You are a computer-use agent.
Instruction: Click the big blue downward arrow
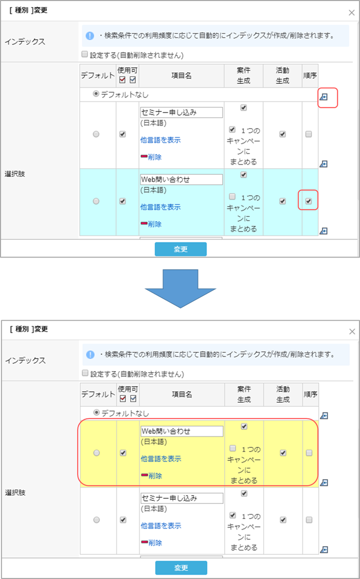(x=180, y=288)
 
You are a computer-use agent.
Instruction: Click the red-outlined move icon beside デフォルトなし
(x=323, y=97)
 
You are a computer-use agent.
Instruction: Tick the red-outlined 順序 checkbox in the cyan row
(x=309, y=201)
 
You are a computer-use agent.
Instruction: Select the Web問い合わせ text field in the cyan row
(x=182, y=179)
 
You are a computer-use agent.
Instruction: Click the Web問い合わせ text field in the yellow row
(x=182, y=431)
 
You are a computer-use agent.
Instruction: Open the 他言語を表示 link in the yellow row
(x=161, y=459)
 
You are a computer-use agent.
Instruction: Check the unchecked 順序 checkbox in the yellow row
(x=309, y=453)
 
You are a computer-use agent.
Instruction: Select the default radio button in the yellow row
(x=96, y=453)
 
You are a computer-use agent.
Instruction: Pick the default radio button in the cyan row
(x=96, y=201)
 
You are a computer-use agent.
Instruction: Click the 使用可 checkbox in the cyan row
(x=122, y=201)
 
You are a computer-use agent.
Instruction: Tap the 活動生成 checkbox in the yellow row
(x=283, y=453)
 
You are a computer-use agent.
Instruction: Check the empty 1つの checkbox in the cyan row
(x=232, y=196)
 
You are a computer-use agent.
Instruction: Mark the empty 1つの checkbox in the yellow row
(x=232, y=448)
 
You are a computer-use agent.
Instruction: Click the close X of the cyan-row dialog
(x=351, y=13)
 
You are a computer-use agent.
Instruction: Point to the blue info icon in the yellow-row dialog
(x=90, y=354)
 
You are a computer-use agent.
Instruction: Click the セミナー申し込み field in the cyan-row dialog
(x=182, y=112)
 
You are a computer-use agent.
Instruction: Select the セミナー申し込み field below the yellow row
(x=182, y=498)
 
